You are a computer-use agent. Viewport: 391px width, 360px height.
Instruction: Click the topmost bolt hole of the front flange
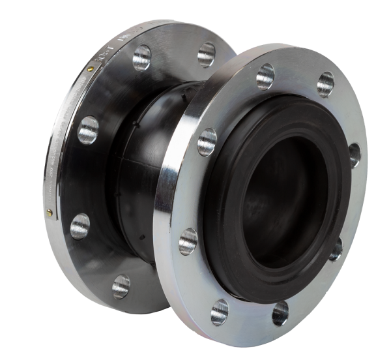pos(265,76)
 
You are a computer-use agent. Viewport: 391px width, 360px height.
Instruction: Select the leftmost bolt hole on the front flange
pos(188,241)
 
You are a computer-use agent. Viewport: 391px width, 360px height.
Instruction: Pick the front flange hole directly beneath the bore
pos(280,313)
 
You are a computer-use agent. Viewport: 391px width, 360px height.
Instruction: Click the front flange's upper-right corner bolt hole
pos(326,83)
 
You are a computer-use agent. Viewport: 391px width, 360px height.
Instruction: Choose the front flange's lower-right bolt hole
pos(336,249)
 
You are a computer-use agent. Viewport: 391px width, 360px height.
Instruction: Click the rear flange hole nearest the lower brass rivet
pos(80,226)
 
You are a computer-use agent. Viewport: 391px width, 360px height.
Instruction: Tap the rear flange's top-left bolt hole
pos(141,57)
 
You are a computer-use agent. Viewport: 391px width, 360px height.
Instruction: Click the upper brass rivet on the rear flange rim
pos(89,68)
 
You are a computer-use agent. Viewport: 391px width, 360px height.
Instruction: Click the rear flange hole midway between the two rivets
pos(88,129)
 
